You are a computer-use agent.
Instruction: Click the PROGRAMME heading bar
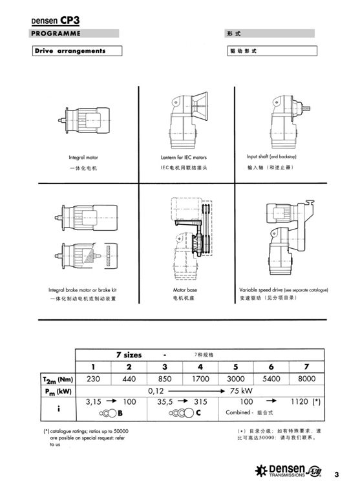[74, 34]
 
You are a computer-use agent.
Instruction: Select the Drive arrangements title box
[77, 50]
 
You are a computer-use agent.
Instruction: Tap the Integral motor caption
[83, 158]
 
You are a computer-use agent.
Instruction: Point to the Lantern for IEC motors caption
[184, 158]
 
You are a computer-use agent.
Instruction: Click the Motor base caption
[185, 290]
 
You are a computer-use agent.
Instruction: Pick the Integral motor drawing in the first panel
[84, 120]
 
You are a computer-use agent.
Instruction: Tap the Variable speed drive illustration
[290, 237]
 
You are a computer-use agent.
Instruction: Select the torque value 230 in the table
[93, 379]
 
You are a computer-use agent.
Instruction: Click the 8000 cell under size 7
[306, 379]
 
